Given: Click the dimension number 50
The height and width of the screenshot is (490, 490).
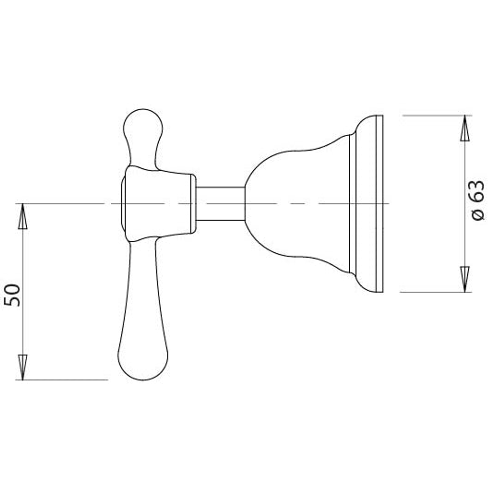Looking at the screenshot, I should click(x=13, y=295).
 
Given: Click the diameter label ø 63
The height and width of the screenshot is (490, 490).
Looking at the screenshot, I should click(x=478, y=200).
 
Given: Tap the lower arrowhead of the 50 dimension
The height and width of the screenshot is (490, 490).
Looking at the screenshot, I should click(x=22, y=367).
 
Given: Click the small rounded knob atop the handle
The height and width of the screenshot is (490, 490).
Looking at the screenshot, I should click(x=143, y=125).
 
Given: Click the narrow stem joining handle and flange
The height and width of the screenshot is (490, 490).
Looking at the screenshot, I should click(x=220, y=203).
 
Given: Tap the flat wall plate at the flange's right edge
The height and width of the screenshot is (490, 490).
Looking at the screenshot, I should click(x=380, y=203).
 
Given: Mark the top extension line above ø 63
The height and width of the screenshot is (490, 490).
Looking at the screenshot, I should click(x=436, y=116).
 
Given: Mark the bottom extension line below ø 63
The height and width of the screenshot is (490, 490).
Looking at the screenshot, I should click(x=436, y=292).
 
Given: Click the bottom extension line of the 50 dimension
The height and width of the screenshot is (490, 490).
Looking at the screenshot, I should click(x=64, y=380).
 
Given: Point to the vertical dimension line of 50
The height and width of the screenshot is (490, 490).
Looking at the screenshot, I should click(x=22, y=290).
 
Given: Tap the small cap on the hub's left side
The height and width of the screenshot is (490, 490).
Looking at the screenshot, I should click(x=122, y=203).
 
